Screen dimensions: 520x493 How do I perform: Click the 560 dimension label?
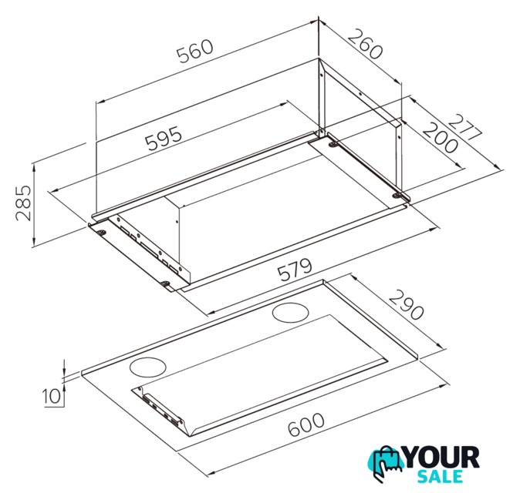pyautogui.click(x=194, y=51)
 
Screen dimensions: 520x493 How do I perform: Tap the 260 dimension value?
pyautogui.click(x=366, y=44)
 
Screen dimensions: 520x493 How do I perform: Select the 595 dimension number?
pyautogui.click(x=164, y=138)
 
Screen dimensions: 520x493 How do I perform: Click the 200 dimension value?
pyautogui.click(x=440, y=138)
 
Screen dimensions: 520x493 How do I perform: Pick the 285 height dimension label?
pyautogui.click(x=23, y=203)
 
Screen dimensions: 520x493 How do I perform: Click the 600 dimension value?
pyautogui.click(x=306, y=424)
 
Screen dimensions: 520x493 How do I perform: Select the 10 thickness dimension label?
pyautogui.click(x=52, y=396)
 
